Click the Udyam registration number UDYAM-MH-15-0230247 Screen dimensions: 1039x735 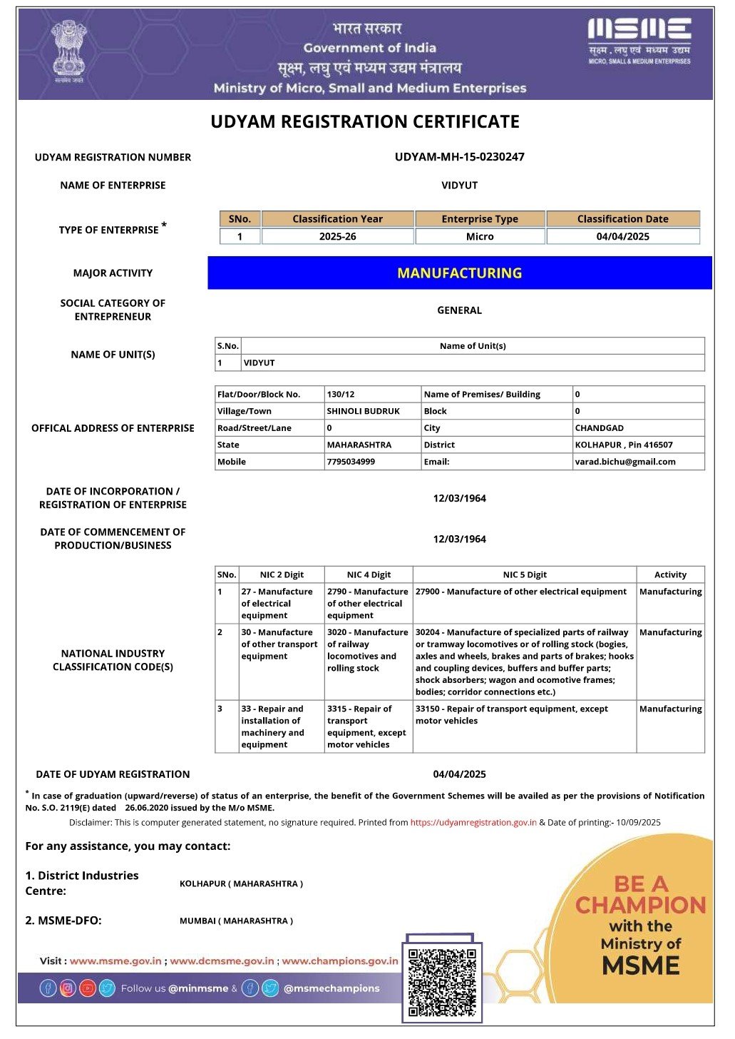[x=459, y=157]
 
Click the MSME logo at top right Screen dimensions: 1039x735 [x=639, y=41]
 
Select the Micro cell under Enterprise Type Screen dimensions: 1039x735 [x=480, y=236]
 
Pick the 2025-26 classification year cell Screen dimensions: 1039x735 [x=337, y=236]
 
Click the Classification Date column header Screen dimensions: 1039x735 [x=622, y=219]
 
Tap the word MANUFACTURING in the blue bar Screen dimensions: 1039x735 [x=459, y=273]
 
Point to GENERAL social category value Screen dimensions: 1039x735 [x=459, y=310]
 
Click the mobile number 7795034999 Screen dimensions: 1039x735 [x=351, y=462]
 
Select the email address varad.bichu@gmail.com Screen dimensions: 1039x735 [x=625, y=462]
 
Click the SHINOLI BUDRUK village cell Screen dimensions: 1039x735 [x=363, y=411]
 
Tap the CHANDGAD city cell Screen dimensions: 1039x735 [x=599, y=428]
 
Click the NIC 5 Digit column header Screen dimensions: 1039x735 [x=525, y=574]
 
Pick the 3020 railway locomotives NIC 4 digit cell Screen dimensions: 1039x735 [x=368, y=650]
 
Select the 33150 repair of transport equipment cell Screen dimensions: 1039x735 [x=511, y=714]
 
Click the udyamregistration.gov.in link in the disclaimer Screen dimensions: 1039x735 [x=473, y=822]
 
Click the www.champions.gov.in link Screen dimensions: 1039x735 [x=339, y=961]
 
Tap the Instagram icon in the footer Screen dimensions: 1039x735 [x=68, y=988]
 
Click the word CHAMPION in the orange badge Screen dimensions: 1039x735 [x=640, y=905]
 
